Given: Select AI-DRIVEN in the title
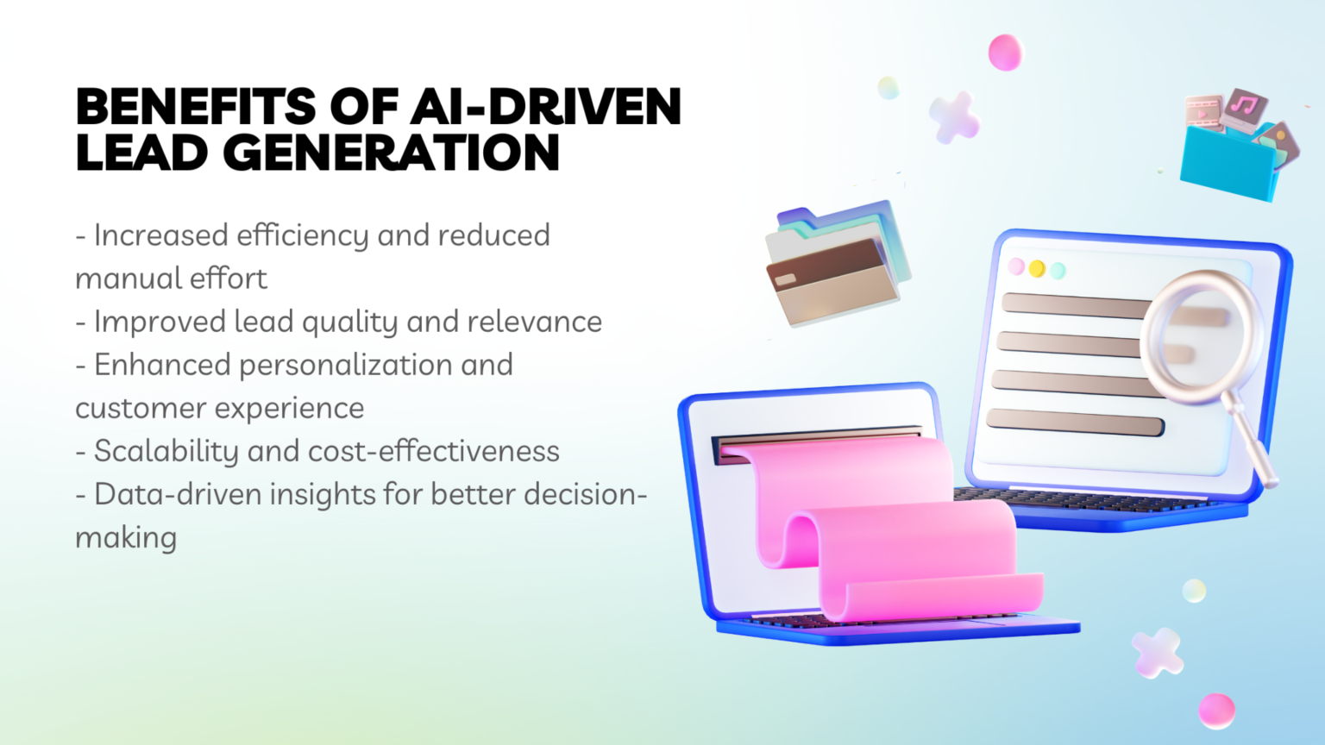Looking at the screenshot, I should (x=545, y=107).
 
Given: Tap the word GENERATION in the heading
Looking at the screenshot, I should (x=392, y=153).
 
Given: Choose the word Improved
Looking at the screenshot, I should (x=160, y=322).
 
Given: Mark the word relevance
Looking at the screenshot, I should (x=535, y=322).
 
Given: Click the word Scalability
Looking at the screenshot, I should (x=165, y=451).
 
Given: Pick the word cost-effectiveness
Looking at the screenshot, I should (x=434, y=451).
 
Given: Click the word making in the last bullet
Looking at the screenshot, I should (x=126, y=538).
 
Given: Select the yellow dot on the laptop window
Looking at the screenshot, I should (x=1037, y=269).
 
